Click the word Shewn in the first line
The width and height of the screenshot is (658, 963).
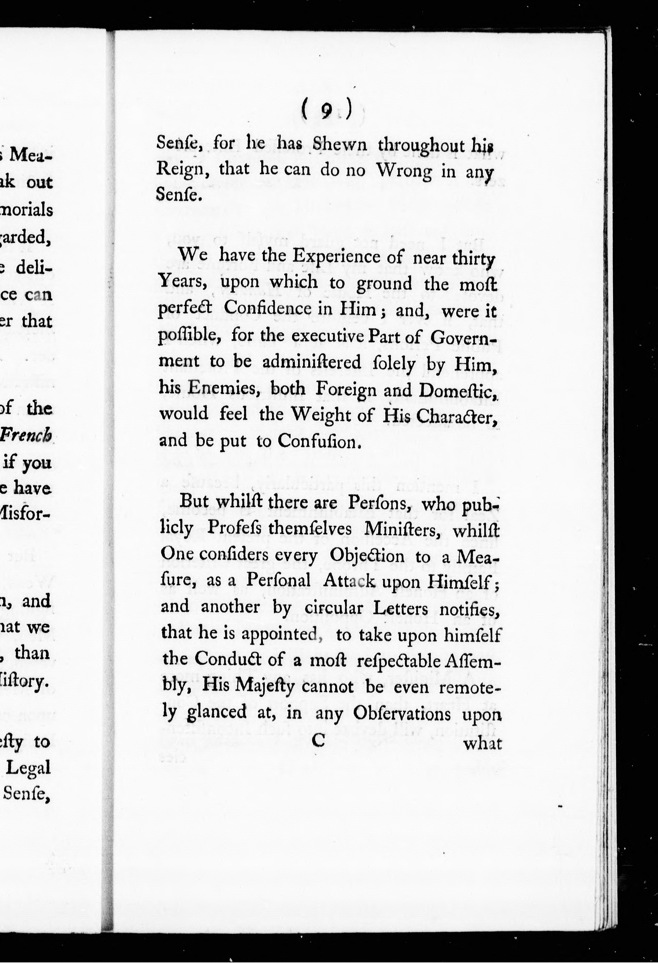click(x=340, y=144)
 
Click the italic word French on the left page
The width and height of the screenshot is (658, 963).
click(x=26, y=435)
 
